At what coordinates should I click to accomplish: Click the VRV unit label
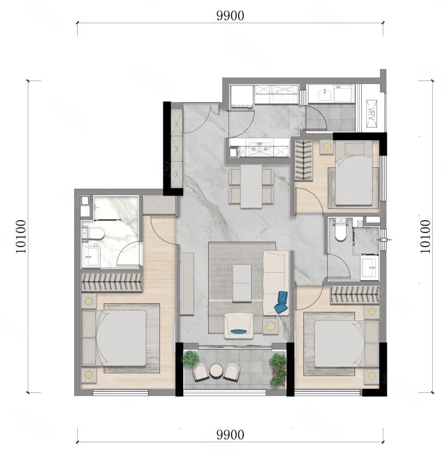[371, 113]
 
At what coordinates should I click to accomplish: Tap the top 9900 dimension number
[230, 16]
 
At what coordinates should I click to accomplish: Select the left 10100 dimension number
[21, 236]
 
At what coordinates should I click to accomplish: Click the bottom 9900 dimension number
[230, 434]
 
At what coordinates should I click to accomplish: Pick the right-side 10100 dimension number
[425, 236]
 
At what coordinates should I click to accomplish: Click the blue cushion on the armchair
[239, 331]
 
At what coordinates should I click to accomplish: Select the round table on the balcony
[215, 370]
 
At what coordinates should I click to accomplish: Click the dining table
[251, 187]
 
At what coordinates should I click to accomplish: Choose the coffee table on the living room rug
[242, 283]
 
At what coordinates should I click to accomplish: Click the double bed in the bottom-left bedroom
[114, 338]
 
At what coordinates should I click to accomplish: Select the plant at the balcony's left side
[190, 358]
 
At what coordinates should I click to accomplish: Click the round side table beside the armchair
[271, 326]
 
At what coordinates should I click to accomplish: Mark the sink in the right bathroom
[370, 268]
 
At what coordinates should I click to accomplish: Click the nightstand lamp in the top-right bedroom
[327, 147]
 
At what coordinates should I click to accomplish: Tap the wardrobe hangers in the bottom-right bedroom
[354, 295]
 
